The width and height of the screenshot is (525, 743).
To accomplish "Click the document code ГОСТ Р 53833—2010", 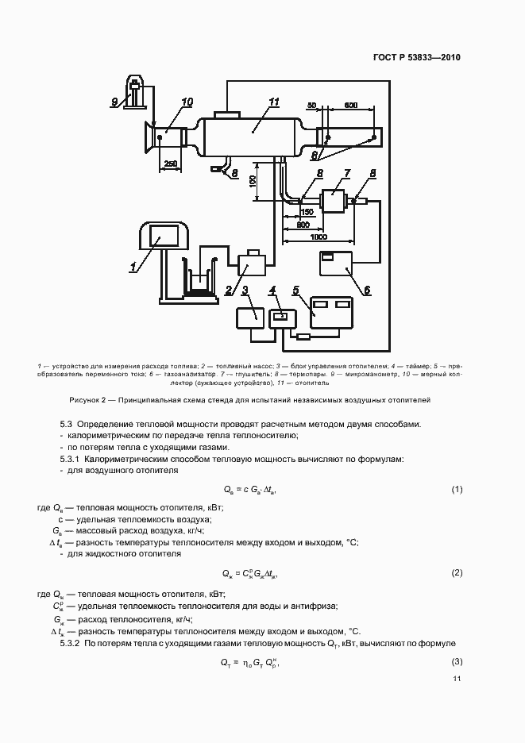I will click(416, 58).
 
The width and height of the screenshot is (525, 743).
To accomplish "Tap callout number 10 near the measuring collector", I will click(187, 102).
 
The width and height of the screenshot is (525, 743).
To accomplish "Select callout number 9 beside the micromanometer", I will click(114, 101).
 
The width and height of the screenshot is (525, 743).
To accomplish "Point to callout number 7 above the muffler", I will click(346, 172).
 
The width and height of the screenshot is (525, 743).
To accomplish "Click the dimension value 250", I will click(170, 164).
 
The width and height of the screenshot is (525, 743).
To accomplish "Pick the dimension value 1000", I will click(318, 237).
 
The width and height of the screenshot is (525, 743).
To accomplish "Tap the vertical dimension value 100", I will click(252, 182).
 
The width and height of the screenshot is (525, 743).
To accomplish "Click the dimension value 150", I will click(307, 212).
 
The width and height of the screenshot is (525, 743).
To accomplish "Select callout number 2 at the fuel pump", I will click(229, 289).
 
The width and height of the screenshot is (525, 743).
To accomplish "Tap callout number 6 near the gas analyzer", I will click(366, 290).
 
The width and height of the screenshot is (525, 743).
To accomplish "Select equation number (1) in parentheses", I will click(457, 489).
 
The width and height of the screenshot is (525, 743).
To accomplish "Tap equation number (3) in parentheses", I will click(457, 662).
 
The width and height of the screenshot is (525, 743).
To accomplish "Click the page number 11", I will click(457, 679).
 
